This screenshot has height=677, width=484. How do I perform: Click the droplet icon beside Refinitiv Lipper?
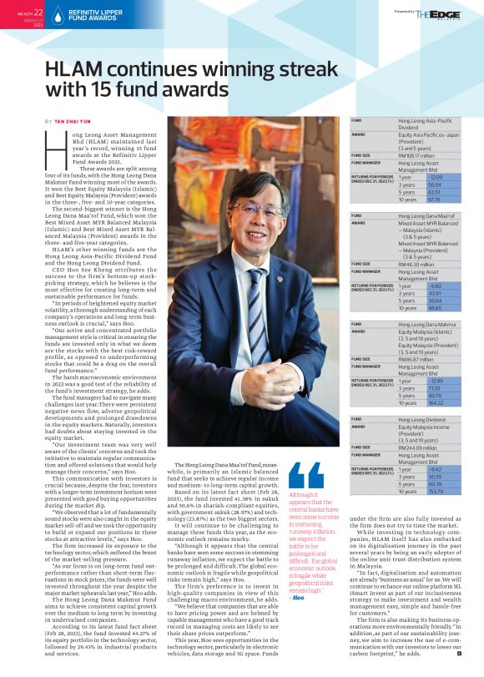coord(55,13)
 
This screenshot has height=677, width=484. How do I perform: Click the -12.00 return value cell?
coord(411,177)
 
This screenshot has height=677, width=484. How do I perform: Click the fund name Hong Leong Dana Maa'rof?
coord(426,215)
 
